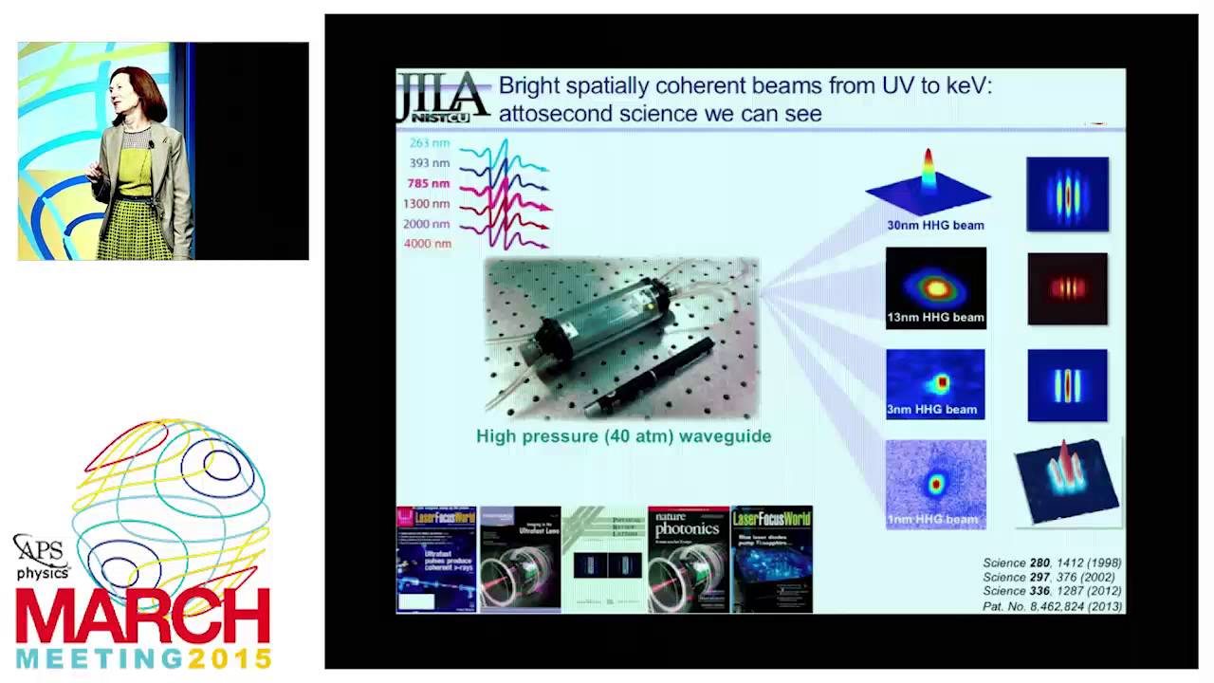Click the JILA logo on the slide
pos(443,97)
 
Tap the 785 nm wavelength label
pos(429,183)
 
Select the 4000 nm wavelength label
pos(428,244)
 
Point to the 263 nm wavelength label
pos(430,143)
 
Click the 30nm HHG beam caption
pos(935,226)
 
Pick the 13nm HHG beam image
pos(936,286)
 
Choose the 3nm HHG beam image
pos(935,383)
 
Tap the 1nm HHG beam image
pos(936,484)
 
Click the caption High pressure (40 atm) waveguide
pos(623,436)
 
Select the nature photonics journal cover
pos(689,560)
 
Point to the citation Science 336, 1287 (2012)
pos(1052,591)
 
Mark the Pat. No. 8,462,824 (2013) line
pos(1052,606)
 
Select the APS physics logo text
pos(42,559)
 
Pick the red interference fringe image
pos(1067,288)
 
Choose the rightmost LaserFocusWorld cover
pos(772,560)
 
